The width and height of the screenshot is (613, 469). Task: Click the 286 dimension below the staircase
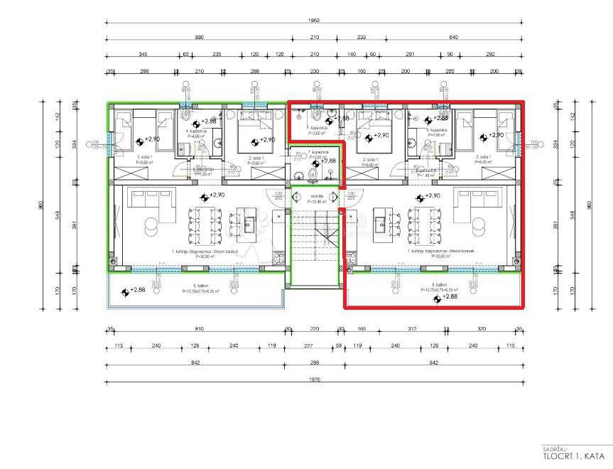click(313, 362)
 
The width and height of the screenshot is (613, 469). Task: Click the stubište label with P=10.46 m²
click(315, 198)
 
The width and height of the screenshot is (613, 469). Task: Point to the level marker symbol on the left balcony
click(125, 291)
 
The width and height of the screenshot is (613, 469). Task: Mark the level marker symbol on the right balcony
click(435, 297)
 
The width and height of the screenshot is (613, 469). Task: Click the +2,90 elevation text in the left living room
click(216, 195)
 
